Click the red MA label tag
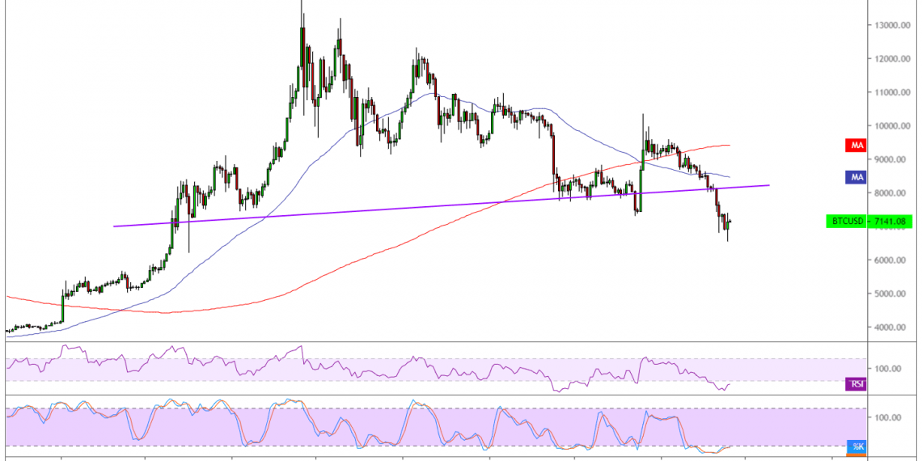point(854,146)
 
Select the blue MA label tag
point(854,176)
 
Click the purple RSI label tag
point(854,383)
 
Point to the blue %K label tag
point(856,446)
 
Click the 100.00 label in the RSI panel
point(888,369)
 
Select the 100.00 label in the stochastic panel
point(888,417)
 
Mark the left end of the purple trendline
point(114,226)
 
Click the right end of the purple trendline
point(769,185)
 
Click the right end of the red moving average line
point(730,146)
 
